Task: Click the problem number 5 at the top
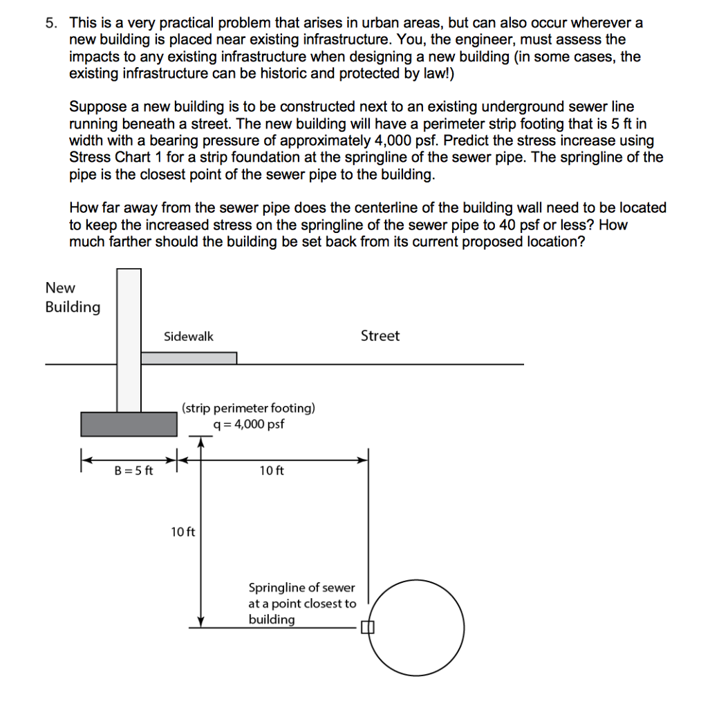pyautogui.click(x=50, y=23)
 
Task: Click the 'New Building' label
pyautogui.click(x=73, y=297)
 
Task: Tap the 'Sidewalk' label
pyautogui.click(x=189, y=337)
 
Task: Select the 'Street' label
pyautogui.click(x=380, y=336)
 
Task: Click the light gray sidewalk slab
pyautogui.click(x=189, y=357)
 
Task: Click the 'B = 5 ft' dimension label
pyautogui.click(x=134, y=472)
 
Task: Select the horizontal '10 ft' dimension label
pyautogui.click(x=272, y=472)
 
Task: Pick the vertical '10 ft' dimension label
pyautogui.click(x=183, y=532)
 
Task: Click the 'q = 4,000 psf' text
pyautogui.click(x=249, y=425)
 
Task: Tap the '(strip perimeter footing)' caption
pyautogui.click(x=248, y=408)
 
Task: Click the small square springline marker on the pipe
pyautogui.click(x=367, y=628)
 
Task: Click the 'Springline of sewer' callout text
pyautogui.click(x=301, y=588)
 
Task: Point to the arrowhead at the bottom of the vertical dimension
pyautogui.click(x=200, y=622)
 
